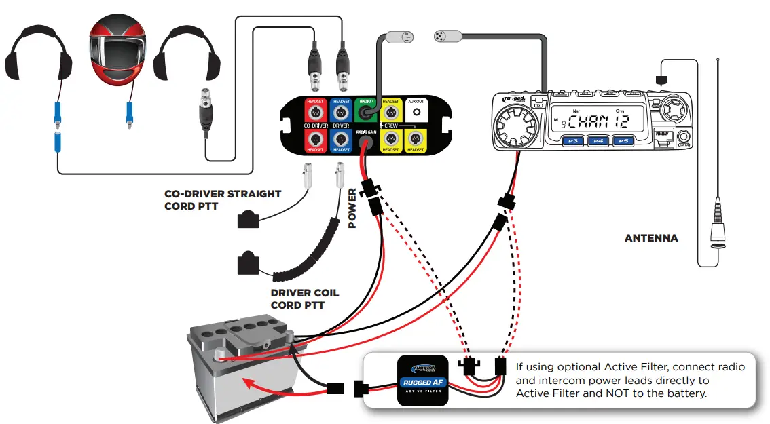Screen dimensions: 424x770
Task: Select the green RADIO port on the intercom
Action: (366, 113)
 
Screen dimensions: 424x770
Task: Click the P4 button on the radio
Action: (598, 141)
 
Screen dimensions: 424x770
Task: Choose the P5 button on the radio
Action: (622, 141)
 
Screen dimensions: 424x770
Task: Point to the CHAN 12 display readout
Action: (597, 121)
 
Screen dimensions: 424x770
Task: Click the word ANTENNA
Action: (650, 238)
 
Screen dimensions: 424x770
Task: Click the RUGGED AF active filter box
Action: (422, 381)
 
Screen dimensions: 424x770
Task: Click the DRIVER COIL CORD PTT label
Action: (304, 299)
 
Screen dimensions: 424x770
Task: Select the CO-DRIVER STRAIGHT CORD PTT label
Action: (222, 199)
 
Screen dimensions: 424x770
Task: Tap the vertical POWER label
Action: (352, 208)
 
